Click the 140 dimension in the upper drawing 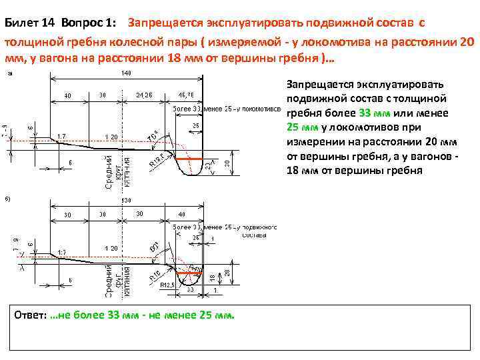(126, 72)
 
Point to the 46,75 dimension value (186, 95)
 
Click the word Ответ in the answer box (31, 315)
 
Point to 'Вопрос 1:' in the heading (87, 23)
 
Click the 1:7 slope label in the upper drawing (61, 136)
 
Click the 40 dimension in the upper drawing (67, 95)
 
